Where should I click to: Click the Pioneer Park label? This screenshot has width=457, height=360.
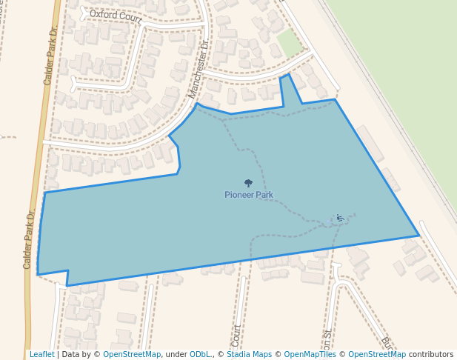[249, 195]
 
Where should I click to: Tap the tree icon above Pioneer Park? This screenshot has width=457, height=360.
[248, 183]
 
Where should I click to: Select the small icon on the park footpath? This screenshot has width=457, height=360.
[339, 218]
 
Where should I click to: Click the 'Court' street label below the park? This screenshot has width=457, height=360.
[237, 335]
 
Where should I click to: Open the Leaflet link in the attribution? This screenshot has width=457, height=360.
[41, 355]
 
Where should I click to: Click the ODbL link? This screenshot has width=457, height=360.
[201, 355]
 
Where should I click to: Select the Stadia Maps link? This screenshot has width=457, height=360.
[249, 355]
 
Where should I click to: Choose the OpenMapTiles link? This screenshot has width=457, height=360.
[310, 355]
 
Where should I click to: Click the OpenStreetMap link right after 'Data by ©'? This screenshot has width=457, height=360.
[132, 355]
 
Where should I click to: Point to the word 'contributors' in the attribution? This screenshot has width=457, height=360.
[431, 355]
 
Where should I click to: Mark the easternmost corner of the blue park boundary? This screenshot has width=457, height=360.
[419, 236]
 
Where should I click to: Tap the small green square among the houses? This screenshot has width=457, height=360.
[290, 44]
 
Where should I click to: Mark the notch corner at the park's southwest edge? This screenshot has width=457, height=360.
[68, 271]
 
